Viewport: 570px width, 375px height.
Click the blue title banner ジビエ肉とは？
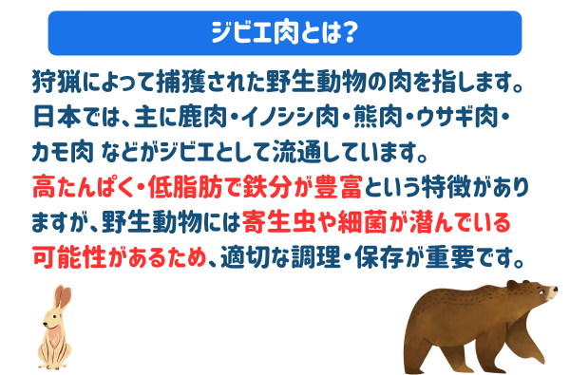(x=285, y=33)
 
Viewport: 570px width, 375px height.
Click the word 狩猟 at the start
(x=49, y=79)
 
